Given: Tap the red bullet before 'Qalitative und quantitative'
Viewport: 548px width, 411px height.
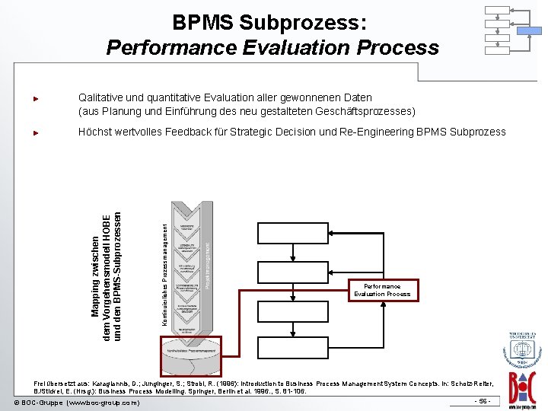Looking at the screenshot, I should pos(35,98).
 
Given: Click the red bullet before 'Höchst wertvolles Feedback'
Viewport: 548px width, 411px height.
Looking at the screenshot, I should pos(35,132).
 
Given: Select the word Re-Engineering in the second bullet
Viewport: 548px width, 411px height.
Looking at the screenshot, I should pos(380,132).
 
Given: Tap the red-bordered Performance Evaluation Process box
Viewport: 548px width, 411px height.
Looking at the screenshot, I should pos(381,290).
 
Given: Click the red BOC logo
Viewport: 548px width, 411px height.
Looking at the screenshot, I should pos(524,380).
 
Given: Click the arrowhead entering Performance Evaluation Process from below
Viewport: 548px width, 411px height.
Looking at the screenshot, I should pos(384,303).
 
